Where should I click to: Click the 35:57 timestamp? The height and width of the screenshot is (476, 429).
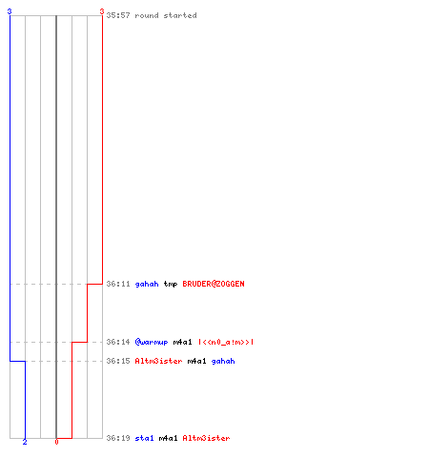tap(118, 15)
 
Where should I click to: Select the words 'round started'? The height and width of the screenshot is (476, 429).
tap(166, 15)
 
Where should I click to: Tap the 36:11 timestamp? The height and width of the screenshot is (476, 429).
tap(118, 284)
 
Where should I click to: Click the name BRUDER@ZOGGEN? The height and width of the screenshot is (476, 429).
tap(214, 284)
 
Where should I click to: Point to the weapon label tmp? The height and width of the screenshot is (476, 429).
tap(171, 284)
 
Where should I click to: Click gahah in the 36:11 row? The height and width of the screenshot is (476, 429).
tap(147, 284)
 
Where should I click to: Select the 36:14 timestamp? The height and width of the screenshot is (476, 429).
tap(118, 342)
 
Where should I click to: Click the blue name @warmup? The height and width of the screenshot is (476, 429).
tap(152, 342)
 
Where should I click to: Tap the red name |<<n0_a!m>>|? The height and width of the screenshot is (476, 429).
tap(226, 342)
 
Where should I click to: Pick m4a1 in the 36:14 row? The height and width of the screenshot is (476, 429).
tap(182, 342)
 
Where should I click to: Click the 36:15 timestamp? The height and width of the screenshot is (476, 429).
tap(118, 361)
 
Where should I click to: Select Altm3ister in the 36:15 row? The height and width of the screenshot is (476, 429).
tap(158, 361)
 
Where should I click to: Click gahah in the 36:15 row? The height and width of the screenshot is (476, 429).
tap(223, 361)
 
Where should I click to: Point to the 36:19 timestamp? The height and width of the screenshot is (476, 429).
tap(118, 438)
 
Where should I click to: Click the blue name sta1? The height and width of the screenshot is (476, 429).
tap(144, 438)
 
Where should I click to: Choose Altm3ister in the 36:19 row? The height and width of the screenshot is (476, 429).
tap(206, 438)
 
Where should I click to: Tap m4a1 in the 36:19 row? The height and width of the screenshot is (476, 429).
tap(168, 438)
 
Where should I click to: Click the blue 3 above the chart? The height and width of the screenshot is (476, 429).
tap(10, 11)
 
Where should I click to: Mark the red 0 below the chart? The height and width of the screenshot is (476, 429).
tap(56, 442)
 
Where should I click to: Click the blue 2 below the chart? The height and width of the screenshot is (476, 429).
tap(25, 442)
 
